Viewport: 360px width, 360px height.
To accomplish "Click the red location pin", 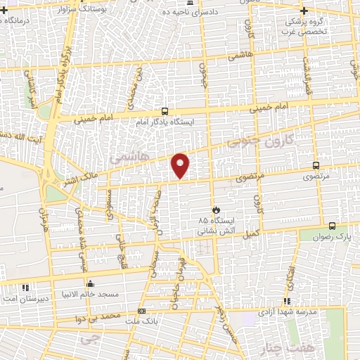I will coord(181,165).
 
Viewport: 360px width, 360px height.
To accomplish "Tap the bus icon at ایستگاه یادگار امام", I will coord(165,110).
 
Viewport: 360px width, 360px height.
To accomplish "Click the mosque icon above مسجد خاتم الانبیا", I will coord(90,285).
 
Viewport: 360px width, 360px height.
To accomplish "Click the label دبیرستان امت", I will coord(25,298).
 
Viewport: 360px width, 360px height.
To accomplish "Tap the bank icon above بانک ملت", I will coord(142,311).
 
